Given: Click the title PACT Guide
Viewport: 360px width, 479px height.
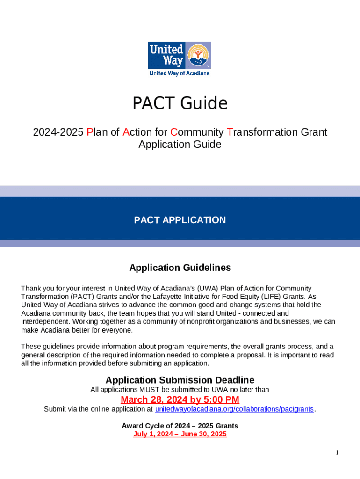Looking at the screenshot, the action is [180, 103].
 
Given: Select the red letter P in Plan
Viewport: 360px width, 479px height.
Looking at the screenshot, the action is [90, 132].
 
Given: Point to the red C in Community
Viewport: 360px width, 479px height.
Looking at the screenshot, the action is [173, 132].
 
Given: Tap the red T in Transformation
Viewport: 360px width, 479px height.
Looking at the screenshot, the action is [229, 132].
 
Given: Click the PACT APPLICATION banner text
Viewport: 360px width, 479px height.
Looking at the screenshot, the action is [180, 220].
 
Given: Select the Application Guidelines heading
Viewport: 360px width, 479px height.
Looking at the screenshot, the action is [180, 268].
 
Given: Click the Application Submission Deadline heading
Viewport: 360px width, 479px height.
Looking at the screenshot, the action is [180, 380].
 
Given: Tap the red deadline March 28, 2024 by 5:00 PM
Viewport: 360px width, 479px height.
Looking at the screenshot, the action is [180, 400].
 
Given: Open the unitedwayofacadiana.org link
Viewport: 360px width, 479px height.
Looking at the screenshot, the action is [234, 409].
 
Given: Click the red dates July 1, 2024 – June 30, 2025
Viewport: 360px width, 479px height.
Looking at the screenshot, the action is [180, 434].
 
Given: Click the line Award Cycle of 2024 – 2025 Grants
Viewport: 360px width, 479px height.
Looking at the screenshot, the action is [180, 426].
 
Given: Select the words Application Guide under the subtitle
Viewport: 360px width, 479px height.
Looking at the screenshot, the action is [180, 145].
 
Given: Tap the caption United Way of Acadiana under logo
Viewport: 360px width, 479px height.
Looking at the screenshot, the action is [180, 73].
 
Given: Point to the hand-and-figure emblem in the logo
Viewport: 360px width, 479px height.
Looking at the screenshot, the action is [198, 55].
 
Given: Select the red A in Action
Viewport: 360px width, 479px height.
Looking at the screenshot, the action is [126, 132].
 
